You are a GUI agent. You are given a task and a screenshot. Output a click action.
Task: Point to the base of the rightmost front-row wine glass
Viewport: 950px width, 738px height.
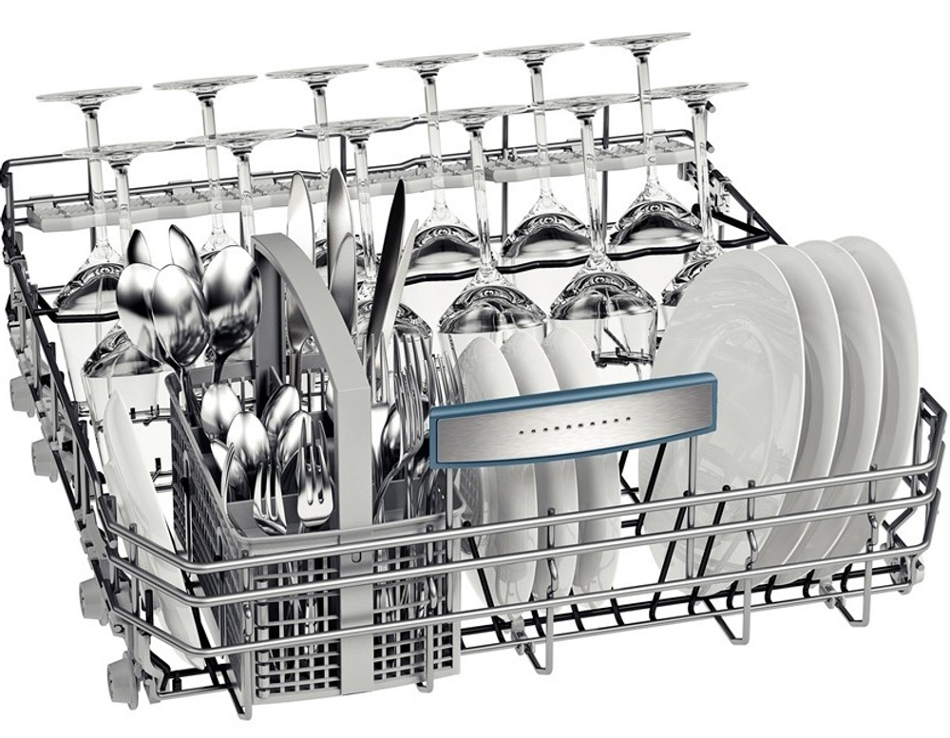tap(700, 91)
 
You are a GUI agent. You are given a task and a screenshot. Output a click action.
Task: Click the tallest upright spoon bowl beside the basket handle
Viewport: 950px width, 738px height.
tap(231, 285)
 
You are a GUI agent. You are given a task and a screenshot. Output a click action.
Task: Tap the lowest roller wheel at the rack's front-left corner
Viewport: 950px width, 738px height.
tap(123, 669)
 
